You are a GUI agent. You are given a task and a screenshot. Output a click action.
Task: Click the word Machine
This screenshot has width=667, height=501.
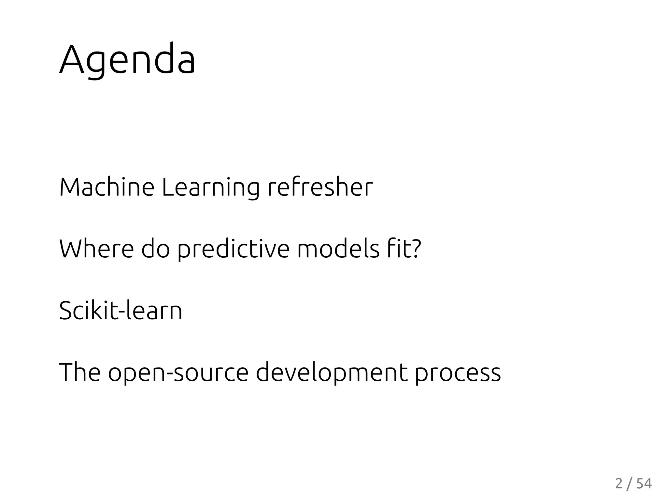(106, 188)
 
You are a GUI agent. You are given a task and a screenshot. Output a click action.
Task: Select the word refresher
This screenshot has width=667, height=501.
(320, 188)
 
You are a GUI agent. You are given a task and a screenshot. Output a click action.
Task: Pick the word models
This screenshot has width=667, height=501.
(338, 249)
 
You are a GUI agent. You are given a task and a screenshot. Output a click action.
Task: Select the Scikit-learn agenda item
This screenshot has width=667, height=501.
(121, 311)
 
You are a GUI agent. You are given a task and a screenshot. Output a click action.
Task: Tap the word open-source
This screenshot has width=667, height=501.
(178, 373)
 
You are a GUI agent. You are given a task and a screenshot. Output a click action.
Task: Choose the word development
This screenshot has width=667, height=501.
(332, 373)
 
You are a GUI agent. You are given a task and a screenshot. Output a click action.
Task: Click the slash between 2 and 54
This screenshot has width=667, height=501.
(630, 484)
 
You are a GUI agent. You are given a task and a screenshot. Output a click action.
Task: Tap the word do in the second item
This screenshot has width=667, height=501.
(156, 249)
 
